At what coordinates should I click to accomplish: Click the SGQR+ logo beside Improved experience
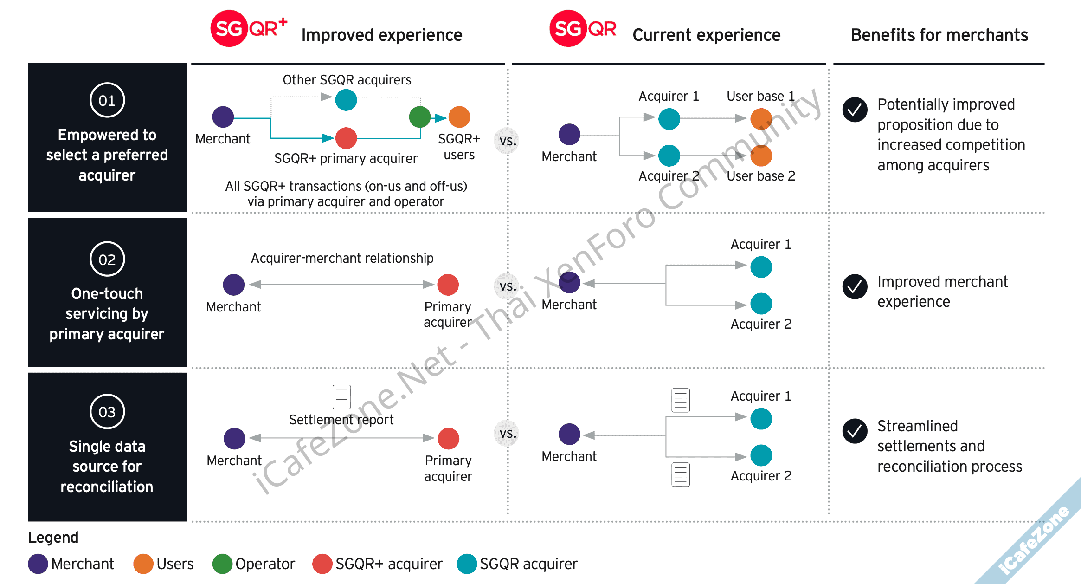pos(248,28)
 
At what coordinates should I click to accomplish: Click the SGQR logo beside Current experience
pos(583,28)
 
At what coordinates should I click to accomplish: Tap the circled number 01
pos(107,100)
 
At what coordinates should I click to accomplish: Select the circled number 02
pos(107,259)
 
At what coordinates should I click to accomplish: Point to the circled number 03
pos(107,412)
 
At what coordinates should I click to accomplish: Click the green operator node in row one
pos(420,117)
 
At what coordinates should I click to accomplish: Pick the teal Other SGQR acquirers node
pos(346,100)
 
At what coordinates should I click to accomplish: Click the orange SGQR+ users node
pos(459,117)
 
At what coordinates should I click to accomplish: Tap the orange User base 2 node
pos(761,156)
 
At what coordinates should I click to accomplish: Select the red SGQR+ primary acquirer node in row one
pos(346,138)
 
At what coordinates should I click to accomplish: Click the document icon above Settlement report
pos(341,396)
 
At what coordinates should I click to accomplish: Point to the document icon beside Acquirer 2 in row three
pos(681,474)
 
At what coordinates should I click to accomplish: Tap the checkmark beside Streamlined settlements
pos(855,431)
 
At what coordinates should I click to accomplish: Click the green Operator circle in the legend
pos(222,564)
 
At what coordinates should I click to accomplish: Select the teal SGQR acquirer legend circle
pos(467,564)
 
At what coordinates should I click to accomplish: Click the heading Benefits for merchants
pos(939,35)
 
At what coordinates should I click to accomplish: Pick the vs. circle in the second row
pos(508,286)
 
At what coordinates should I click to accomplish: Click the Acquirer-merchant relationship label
pos(342,258)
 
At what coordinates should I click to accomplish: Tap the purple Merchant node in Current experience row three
pos(569,435)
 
